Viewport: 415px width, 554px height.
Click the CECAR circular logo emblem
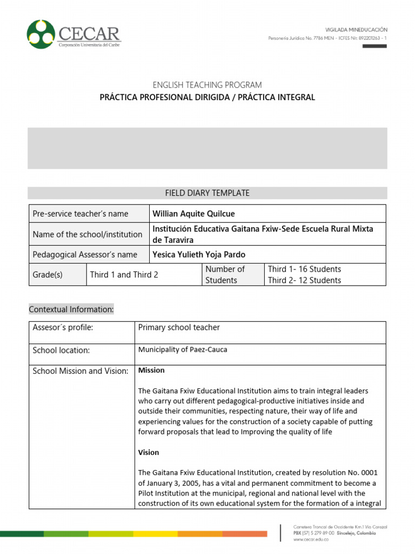(x=41, y=34)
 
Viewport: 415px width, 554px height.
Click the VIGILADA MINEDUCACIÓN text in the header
(x=356, y=30)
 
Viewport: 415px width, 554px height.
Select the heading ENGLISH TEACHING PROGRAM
(x=207, y=85)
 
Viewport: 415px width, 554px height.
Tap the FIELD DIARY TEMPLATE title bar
(x=207, y=193)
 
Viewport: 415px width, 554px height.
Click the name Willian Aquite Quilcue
(x=194, y=214)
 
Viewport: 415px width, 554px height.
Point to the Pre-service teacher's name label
(x=81, y=214)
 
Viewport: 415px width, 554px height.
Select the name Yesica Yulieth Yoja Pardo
(x=199, y=254)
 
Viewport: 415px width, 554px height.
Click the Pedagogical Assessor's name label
(x=85, y=254)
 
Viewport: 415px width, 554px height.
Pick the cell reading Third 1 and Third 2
(x=124, y=274)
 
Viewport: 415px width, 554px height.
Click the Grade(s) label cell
(x=48, y=274)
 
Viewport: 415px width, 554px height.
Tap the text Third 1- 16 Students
(x=304, y=269)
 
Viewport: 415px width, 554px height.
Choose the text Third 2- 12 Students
(x=304, y=280)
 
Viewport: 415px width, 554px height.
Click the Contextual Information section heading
(x=71, y=309)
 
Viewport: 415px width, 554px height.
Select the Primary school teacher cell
(x=179, y=327)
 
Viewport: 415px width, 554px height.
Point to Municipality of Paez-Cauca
(x=183, y=349)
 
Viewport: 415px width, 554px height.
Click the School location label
(x=61, y=350)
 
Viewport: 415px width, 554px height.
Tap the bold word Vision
(x=149, y=452)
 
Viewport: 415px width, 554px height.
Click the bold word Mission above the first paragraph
(x=151, y=371)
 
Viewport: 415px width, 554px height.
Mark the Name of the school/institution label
(x=88, y=234)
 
